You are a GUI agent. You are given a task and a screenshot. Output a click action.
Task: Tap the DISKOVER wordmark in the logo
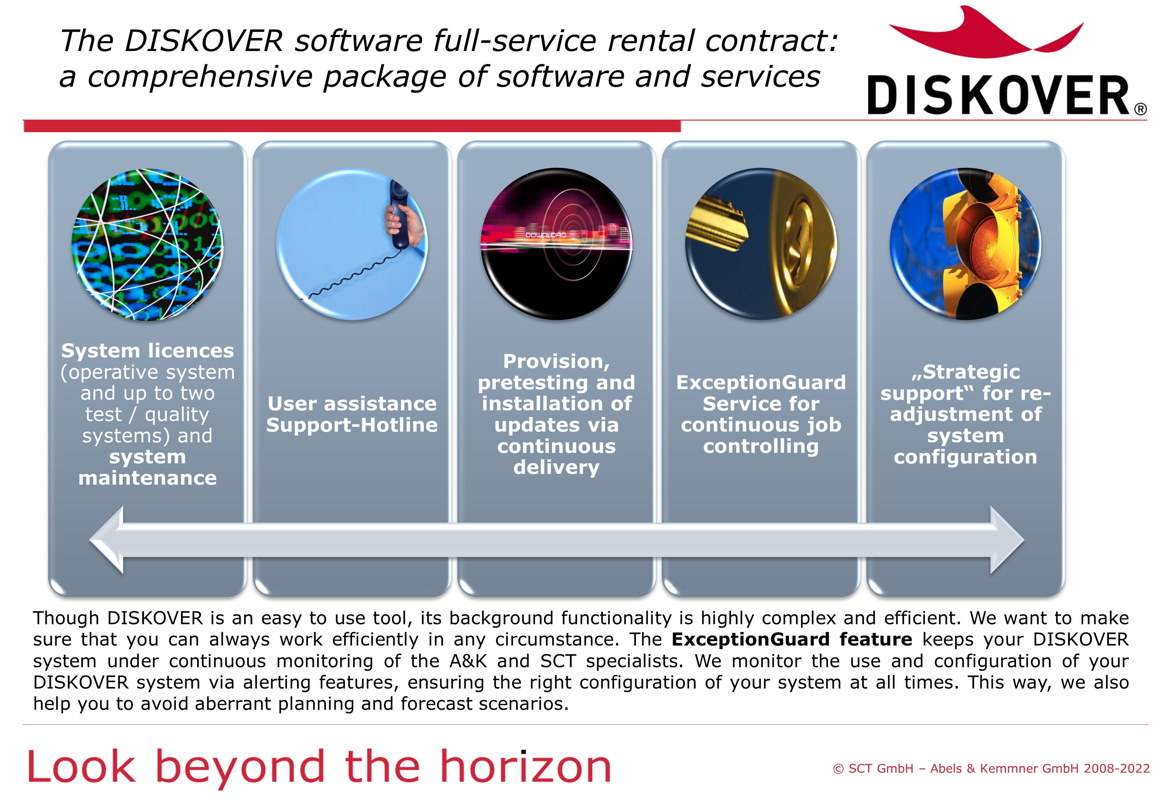[x=998, y=95]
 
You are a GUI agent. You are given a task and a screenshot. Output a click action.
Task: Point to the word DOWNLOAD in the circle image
[x=546, y=235]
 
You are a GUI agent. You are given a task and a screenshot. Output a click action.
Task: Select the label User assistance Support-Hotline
[x=352, y=414]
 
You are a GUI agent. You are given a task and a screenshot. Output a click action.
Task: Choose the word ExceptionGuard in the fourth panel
[x=761, y=382]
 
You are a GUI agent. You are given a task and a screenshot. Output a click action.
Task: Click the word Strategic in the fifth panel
[x=971, y=372]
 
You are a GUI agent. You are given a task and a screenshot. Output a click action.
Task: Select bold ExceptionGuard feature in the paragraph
[x=791, y=640]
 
